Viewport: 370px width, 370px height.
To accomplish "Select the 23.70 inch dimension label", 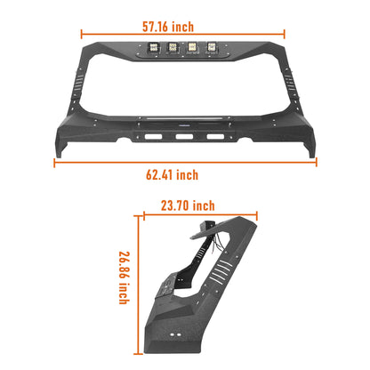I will click(189, 205).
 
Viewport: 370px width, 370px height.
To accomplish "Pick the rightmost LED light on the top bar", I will click(213, 51).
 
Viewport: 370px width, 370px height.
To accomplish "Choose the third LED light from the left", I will click(193, 51).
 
